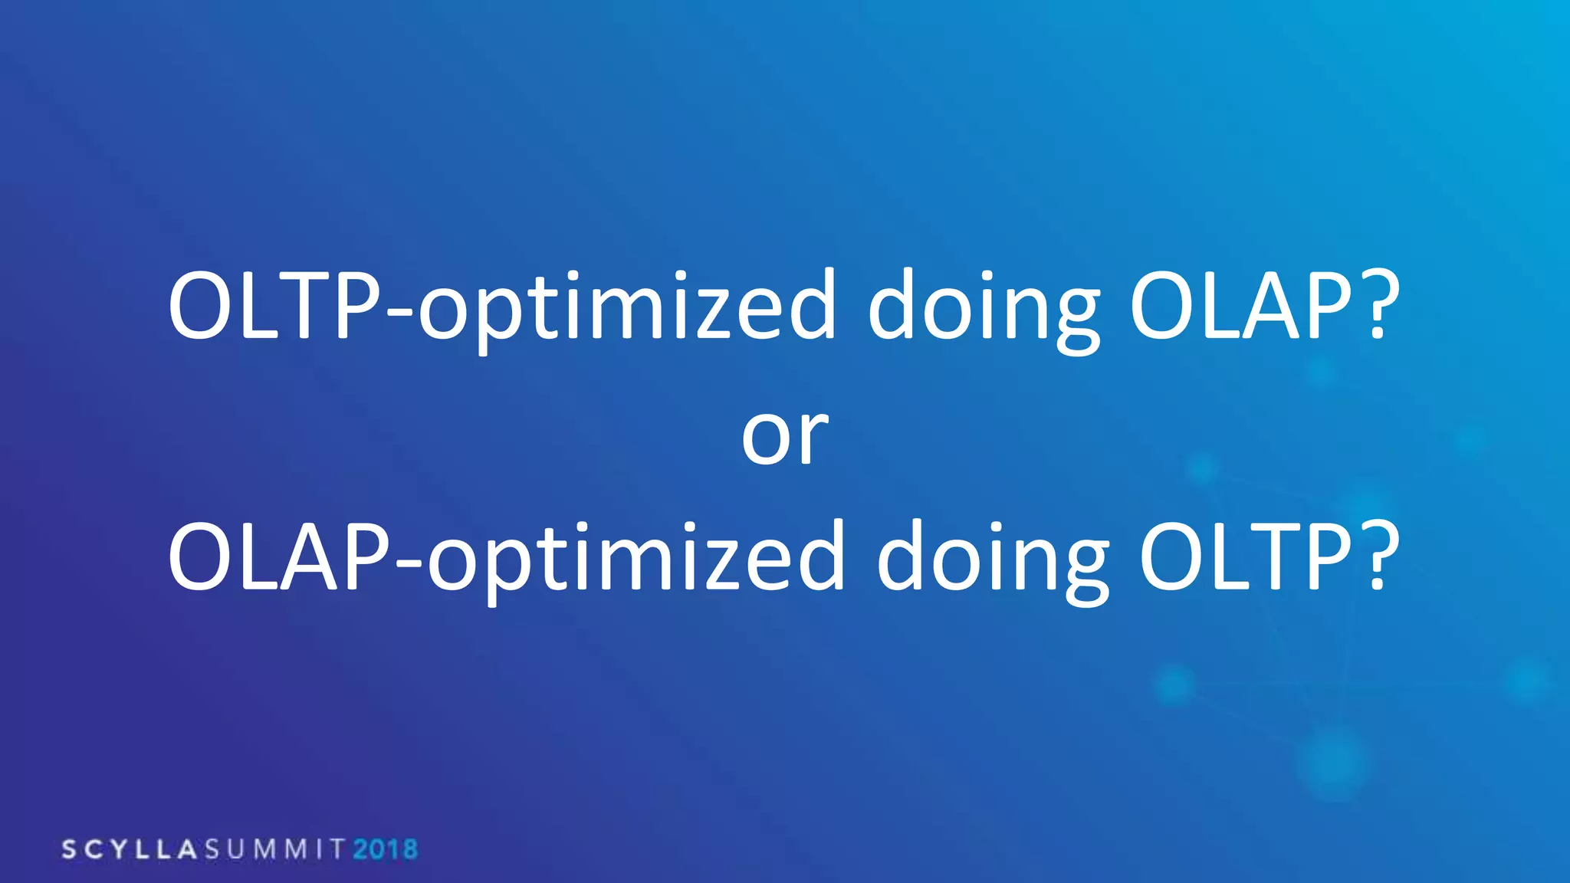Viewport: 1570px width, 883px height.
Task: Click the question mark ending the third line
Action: (1377, 556)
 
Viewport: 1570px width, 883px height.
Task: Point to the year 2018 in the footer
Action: (385, 849)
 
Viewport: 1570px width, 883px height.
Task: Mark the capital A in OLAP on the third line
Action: (311, 556)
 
